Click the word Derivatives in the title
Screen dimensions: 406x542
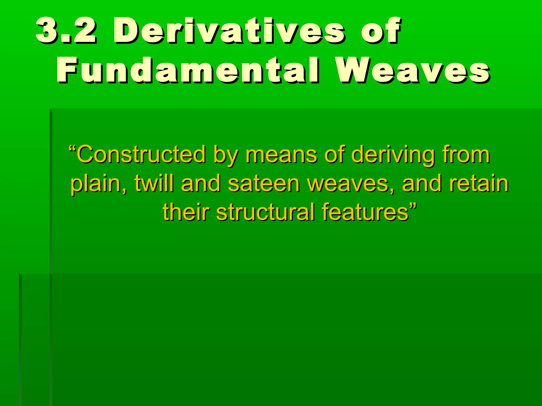[229, 31]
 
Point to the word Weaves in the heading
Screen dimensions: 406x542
[413, 71]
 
